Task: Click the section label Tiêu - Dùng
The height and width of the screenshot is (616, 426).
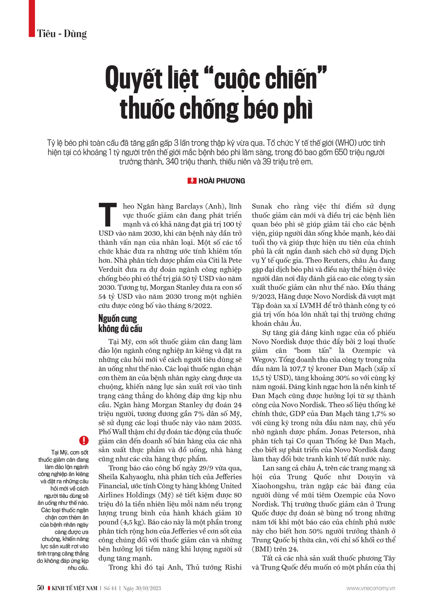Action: [x=62, y=34]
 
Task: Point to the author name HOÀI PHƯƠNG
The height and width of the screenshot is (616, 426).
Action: [x=222, y=181]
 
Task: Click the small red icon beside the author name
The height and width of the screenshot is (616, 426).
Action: [x=192, y=181]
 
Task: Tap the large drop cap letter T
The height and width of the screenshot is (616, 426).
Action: [x=108, y=215]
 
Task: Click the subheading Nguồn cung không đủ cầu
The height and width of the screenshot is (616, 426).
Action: [x=120, y=324]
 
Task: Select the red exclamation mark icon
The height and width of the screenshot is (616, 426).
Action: [x=84, y=440]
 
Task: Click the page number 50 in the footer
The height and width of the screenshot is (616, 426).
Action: [x=40, y=588]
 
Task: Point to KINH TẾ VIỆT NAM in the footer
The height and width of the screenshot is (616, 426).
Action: [x=75, y=588]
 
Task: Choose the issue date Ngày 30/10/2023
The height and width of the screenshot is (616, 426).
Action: [x=142, y=588]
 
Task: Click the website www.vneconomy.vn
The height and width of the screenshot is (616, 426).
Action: [x=371, y=588]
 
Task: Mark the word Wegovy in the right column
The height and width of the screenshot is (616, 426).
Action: [x=265, y=360]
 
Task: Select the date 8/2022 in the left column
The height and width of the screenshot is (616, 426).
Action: [x=198, y=306]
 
